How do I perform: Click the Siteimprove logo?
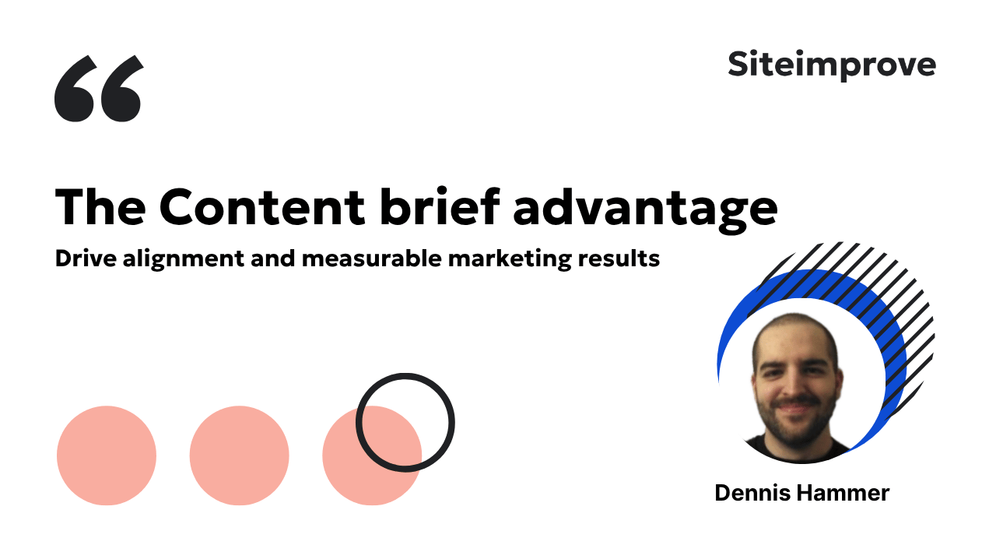(832, 65)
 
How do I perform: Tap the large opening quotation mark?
(99, 88)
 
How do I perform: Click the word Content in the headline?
(262, 207)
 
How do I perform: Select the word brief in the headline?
(440, 206)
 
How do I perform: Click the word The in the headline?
(100, 207)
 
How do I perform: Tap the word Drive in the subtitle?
(86, 258)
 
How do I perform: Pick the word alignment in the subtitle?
(183, 259)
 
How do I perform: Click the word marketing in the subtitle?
(510, 259)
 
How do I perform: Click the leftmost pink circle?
(107, 455)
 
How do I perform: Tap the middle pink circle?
(239, 455)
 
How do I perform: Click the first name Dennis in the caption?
(752, 493)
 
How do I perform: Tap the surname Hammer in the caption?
(843, 493)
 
